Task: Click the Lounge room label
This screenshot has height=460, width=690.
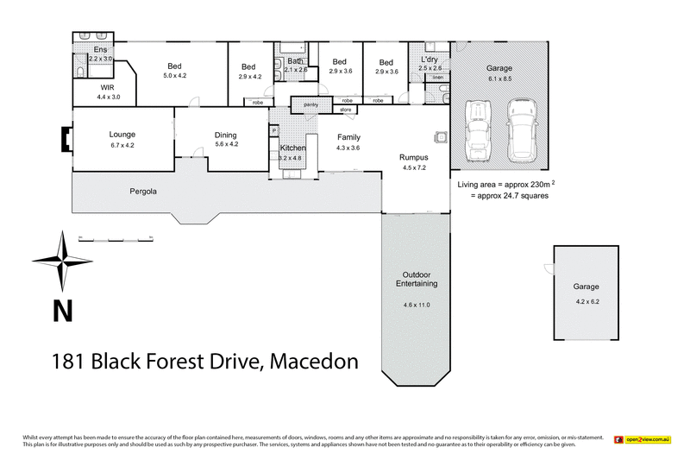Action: click(122, 135)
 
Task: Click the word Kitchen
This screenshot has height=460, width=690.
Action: click(292, 149)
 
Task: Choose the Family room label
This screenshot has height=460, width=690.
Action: click(348, 137)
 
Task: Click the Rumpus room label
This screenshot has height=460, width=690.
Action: click(414, 157)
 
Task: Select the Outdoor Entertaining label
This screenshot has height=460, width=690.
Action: click(417, 278)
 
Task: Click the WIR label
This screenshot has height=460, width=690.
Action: click(108, 88)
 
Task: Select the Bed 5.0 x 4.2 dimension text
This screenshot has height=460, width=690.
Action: click(175, 76)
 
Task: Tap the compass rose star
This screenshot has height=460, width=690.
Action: click(62, 262)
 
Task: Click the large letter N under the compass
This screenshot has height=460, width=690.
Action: click(62, 310)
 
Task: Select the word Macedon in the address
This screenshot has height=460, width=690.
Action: click(314, 361)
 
